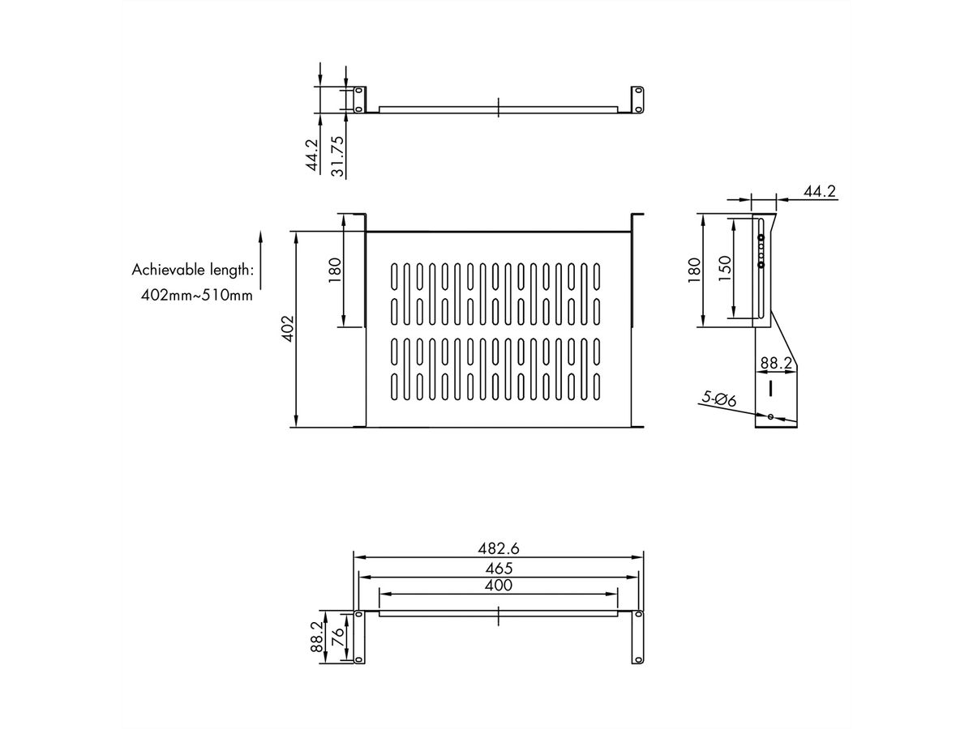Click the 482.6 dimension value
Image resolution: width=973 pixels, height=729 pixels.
pyautogui.click(x=498, y=548)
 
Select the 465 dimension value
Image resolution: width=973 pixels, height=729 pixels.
pyautogui.click(x=498, y=568)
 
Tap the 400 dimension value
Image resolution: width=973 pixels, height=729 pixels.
pyautogui.click(x=498, y=585)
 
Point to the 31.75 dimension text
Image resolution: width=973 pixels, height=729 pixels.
pyautogui.click(x=338, y=156)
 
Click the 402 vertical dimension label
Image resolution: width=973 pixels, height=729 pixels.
pyautogui.click(x=285, y=330)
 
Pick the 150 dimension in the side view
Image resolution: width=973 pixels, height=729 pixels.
pyautogui.click(x=725, y=267)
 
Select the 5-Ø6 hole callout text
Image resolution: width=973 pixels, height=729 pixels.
pyautogui.click(x=718, y=399)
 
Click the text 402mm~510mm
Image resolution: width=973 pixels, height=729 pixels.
pyautogui.click(x=197, y=295)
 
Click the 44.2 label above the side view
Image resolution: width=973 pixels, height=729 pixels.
pyautogui.click(x=820, y=192)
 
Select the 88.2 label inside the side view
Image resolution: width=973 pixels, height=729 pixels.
pyautogui.click(x=775, y=364)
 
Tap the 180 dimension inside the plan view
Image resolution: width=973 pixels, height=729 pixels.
pyautogui.click(x=336, y=271)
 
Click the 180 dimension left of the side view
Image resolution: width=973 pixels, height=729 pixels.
pyautogui.click(x=693, y=271)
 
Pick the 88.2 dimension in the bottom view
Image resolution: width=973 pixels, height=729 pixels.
pyautogui.click(x=318, y=638)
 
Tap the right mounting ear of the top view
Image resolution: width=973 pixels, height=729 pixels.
pyautogui.click(x=638, y=99)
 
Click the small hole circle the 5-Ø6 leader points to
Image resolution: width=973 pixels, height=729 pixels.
pyautogui.click(x=770, y=417)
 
